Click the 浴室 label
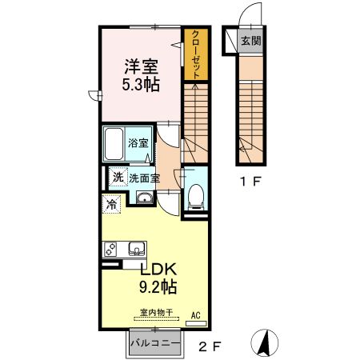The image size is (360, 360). (x=139, y=144)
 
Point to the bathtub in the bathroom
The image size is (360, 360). (x=114, y=145)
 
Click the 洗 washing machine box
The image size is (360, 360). (x=117, y=178)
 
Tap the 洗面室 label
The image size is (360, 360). (x=145, y=178)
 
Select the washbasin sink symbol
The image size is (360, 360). (x=145, y=199)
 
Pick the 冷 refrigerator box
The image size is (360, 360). (x=111, y=204)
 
